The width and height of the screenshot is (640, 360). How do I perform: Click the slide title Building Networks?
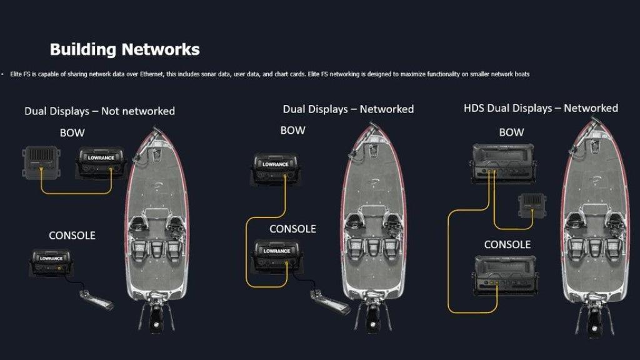point(124,49)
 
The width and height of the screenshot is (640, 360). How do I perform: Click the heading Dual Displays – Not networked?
point(99,111)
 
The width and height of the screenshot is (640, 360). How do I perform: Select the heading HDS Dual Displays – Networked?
point(541,108)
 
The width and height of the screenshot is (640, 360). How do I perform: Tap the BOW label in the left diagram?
point(73,132)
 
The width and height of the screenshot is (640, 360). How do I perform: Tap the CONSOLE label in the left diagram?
point(72,236)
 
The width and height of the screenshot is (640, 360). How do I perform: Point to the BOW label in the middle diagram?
point(292,131)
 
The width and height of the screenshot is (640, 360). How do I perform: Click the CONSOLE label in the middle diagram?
point(292,229)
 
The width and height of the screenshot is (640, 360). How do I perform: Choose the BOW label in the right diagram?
point(511,132)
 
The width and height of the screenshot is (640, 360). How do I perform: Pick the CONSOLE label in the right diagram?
point(507,244)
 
